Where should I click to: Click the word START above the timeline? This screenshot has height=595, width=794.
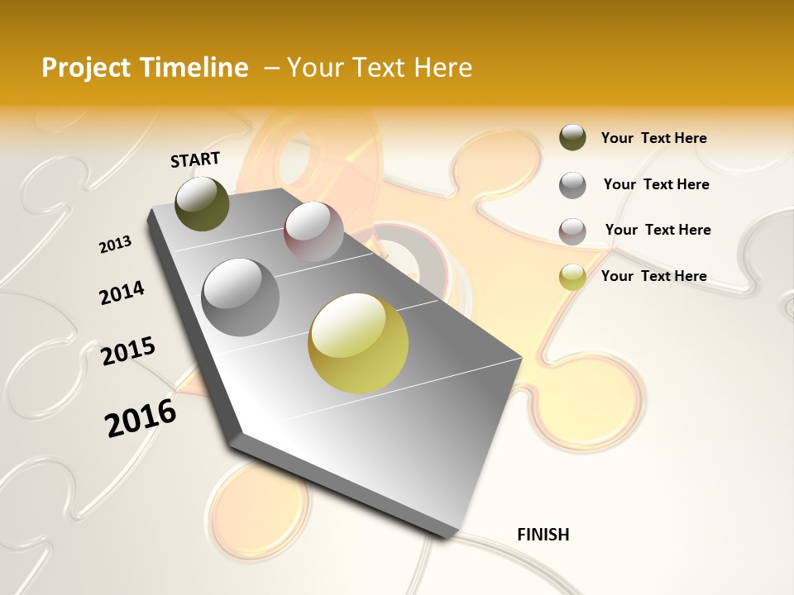195,159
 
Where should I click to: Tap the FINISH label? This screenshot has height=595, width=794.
543,535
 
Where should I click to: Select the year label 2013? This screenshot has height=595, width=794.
116,245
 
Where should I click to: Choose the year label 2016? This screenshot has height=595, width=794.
141,418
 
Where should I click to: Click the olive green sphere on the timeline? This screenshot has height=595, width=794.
203,203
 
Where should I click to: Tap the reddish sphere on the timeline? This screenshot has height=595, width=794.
313,231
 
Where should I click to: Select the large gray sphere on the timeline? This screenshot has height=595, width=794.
240,297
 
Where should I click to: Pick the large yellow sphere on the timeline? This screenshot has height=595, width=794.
358,343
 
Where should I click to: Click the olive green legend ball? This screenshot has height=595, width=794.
572,138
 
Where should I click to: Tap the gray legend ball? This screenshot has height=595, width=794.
572,185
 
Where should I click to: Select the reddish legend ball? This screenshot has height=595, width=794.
572,231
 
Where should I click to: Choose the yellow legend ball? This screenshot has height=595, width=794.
572,277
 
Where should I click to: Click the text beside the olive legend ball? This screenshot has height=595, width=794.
653,138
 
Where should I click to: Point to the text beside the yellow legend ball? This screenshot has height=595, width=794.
653,276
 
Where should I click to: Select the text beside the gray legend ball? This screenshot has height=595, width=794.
656,184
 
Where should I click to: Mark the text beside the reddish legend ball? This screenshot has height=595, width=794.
658,230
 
